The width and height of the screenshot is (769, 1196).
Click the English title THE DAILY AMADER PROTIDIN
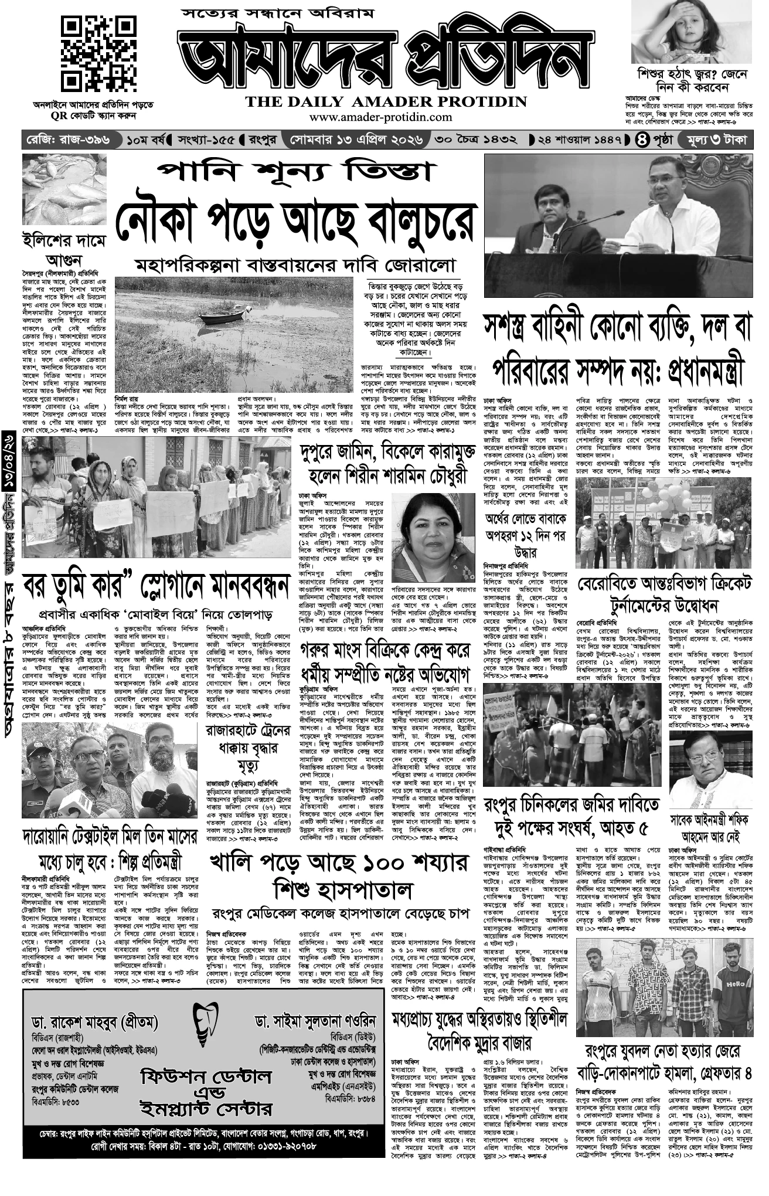(386, 101)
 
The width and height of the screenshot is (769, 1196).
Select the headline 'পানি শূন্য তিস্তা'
(297, 172)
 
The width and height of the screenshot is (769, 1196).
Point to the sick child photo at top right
(692, 32)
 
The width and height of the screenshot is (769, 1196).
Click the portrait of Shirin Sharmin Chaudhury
(433, 536)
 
